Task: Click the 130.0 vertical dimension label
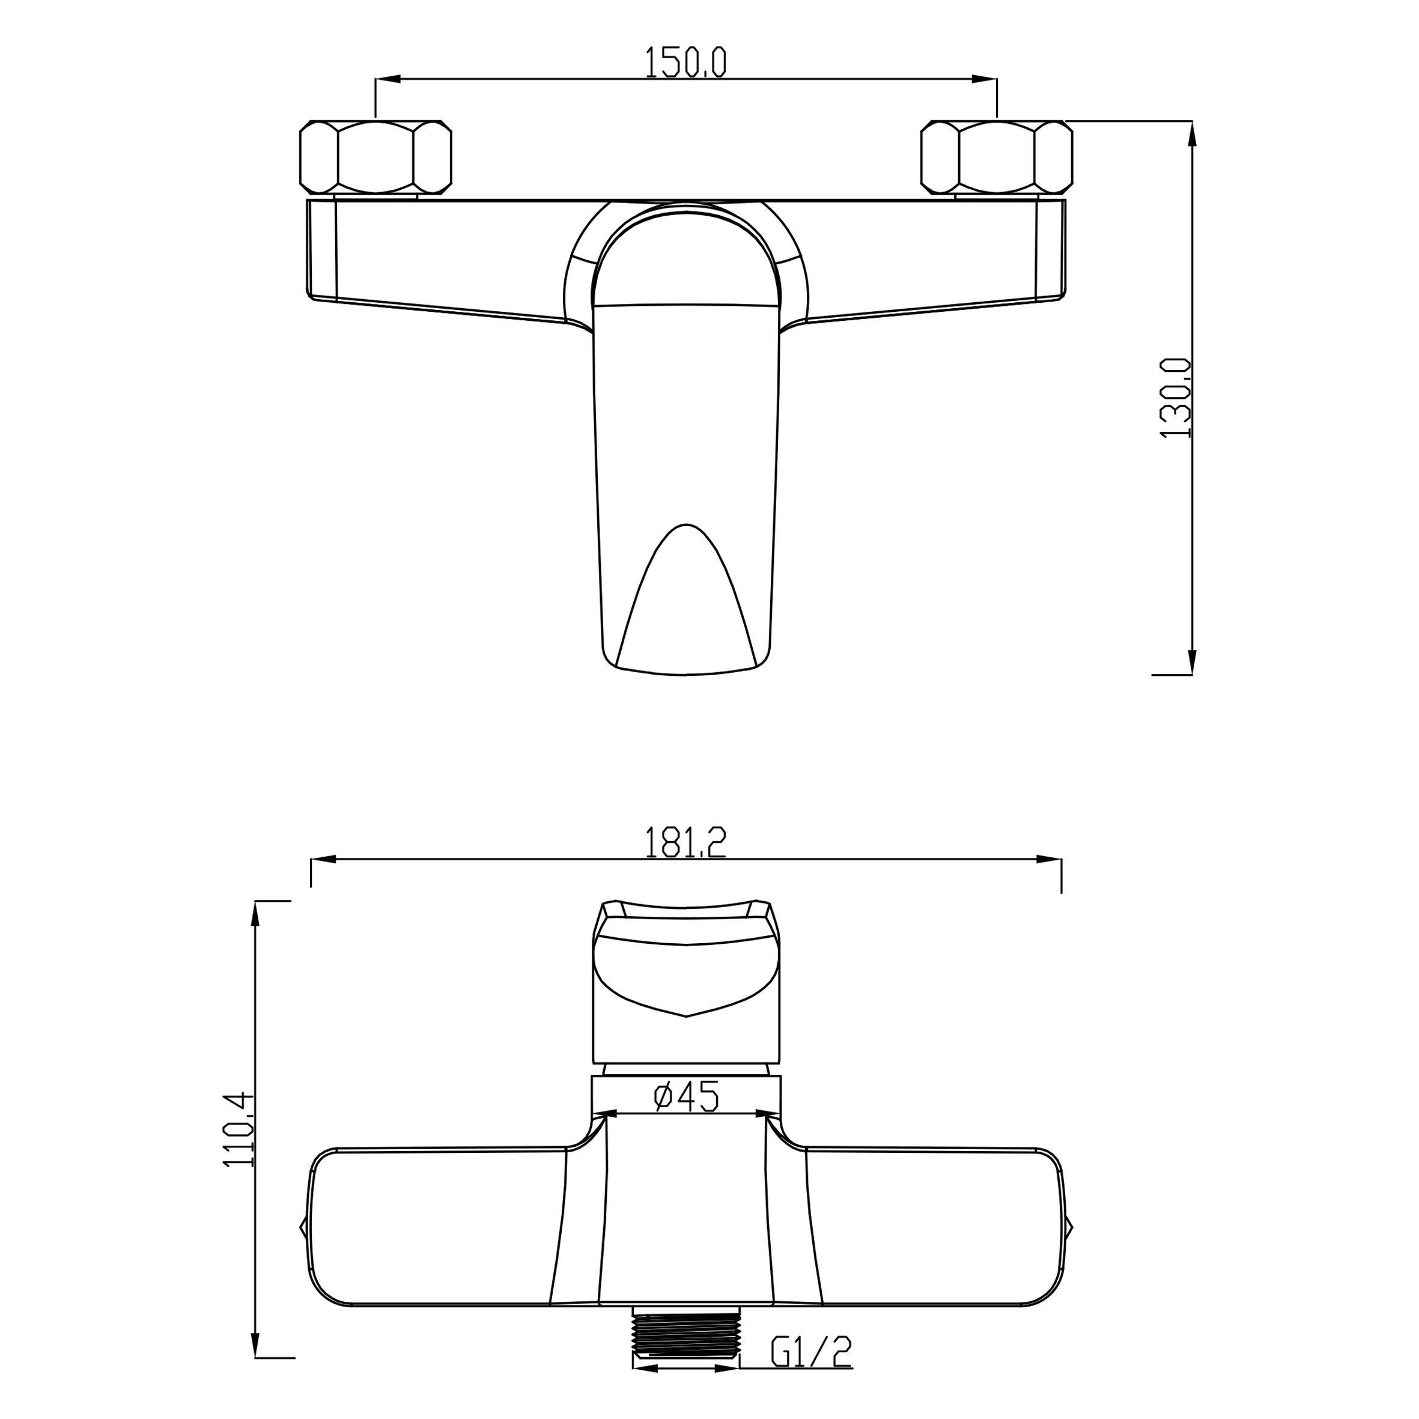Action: point(1175,398)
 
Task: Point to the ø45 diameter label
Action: point(686,1118)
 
